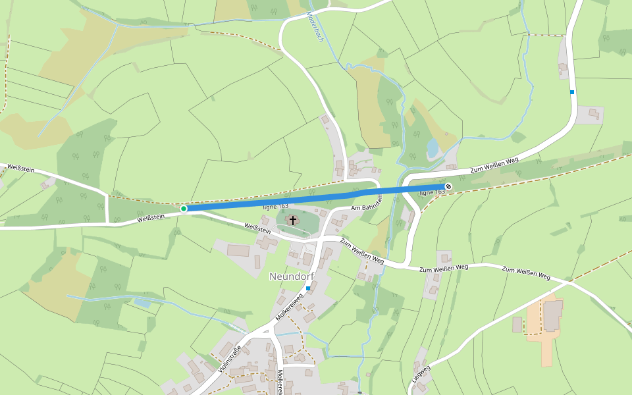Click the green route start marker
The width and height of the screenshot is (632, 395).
[184, 209]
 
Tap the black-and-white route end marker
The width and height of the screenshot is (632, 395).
[448, 187]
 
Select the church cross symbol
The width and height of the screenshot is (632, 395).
[292, 220]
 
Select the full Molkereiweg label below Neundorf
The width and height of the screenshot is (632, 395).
[289, 307]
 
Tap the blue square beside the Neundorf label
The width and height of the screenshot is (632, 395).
[308, 288]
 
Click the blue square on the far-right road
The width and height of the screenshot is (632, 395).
[572, 92]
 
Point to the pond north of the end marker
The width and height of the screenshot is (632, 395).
[433, 148]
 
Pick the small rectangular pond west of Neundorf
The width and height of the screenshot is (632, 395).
[142, 303]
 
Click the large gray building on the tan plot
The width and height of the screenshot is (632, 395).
[553, 315]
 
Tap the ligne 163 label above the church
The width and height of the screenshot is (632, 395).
[276, 206]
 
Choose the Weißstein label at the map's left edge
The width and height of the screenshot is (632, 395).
[17, 169]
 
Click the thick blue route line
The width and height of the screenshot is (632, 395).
[316, 197]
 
